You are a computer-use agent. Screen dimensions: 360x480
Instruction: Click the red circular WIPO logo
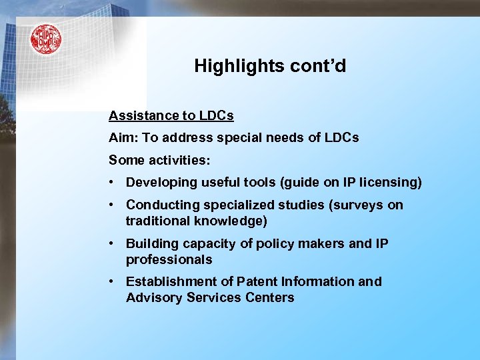point(45,39)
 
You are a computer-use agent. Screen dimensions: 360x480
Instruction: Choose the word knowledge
point(231,221)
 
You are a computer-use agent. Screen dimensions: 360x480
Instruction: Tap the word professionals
point(169,259)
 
